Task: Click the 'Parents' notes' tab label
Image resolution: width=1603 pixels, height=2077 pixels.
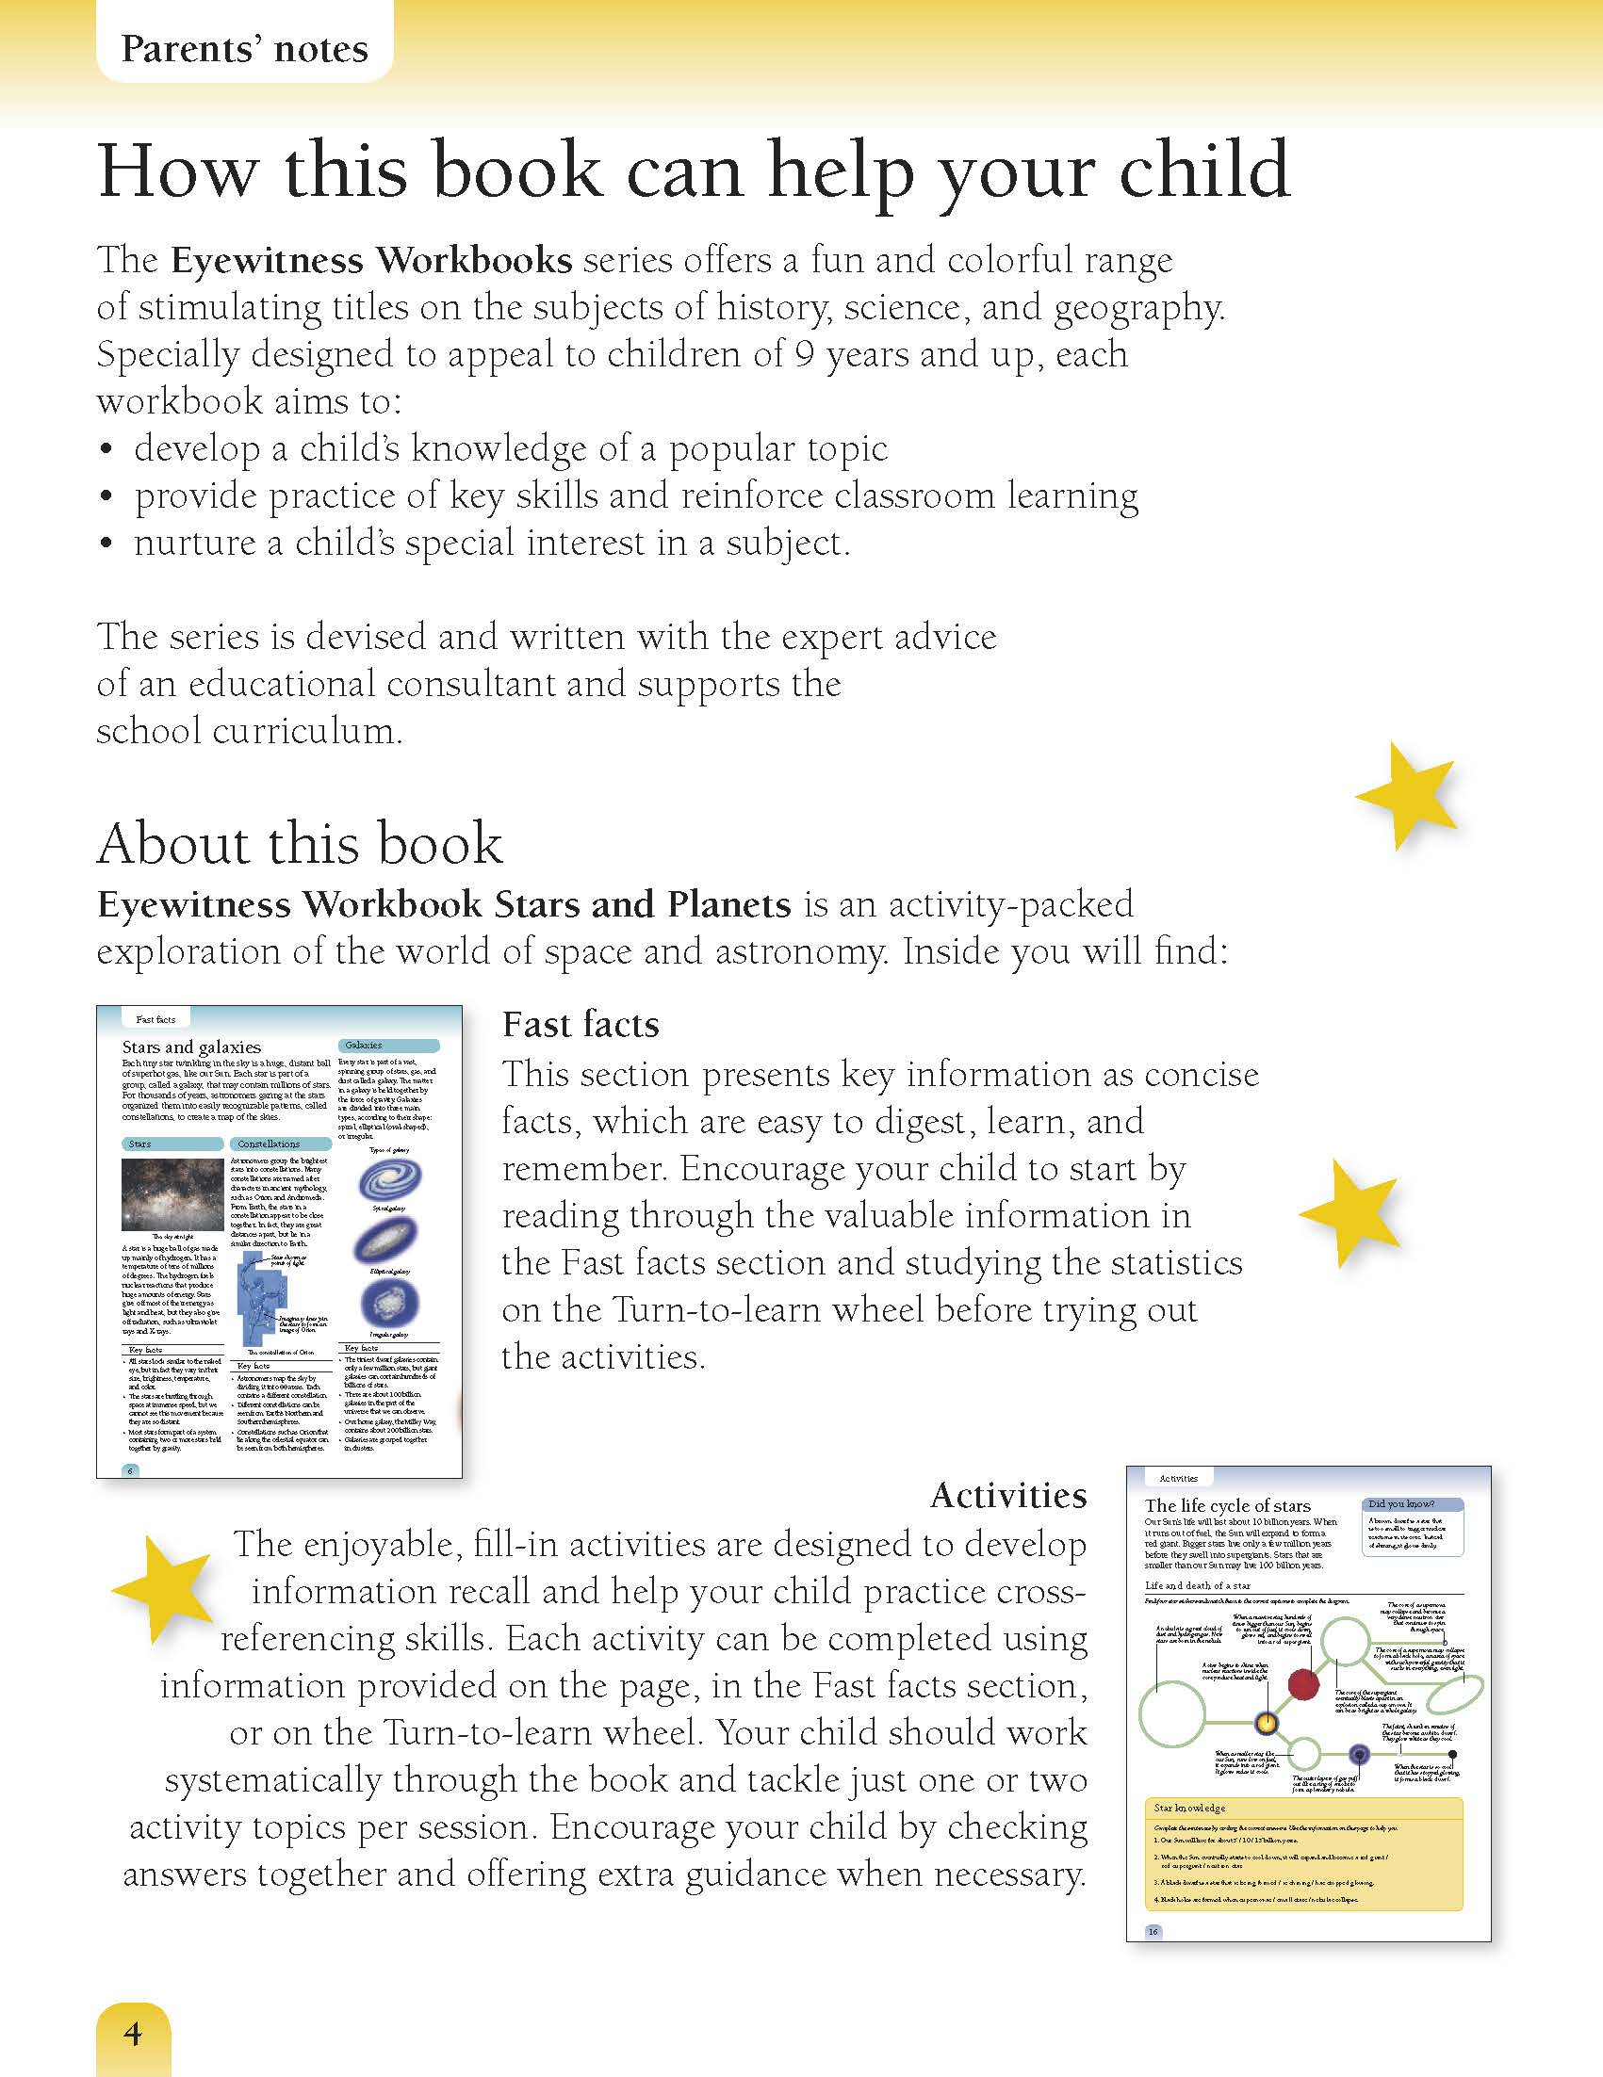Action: pos(244,48)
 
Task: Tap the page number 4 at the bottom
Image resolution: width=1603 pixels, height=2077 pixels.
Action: pos(132,2033)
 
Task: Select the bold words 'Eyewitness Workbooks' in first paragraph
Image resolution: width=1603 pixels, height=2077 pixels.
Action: pos(372,261)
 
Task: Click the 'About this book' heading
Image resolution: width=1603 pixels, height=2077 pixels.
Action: pos(300,844)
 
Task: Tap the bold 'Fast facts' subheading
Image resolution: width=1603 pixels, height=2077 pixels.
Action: pos(581,1024)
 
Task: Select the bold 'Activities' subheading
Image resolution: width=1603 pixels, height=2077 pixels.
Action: pos(1008,1496)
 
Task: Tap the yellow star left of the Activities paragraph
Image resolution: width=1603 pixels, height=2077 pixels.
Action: pos(164,1586)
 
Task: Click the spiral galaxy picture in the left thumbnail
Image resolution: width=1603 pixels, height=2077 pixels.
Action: pos(390,1180)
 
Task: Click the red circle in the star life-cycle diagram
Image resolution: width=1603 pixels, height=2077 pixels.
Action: pos(1303,1684)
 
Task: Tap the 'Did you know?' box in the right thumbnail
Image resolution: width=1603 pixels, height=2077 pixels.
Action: pos(1414,1525)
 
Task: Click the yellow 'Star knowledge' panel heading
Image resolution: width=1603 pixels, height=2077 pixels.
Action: pos(1189,1808)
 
